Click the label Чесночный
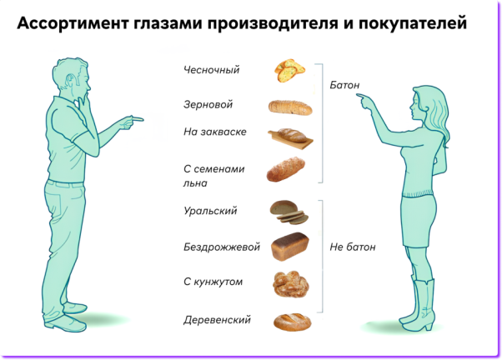click(211, 70)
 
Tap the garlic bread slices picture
click(289, 70)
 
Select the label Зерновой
click(208, 105)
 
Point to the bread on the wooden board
click(290, 138)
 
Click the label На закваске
click(215, 132)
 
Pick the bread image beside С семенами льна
click(285, 169)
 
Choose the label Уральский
click(210, 211)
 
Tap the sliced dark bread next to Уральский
click(289, 212)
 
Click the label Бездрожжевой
click(222, 247)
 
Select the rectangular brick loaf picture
click(290, 247)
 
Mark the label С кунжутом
click(213, 282)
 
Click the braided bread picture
click(291, 284)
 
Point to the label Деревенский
click(217, 320)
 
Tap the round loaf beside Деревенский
click(293, 322)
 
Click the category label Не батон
click(353, 247)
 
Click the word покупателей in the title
click(412, 23)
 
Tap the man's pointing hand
click(132, 122)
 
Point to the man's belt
click(66, 183)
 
